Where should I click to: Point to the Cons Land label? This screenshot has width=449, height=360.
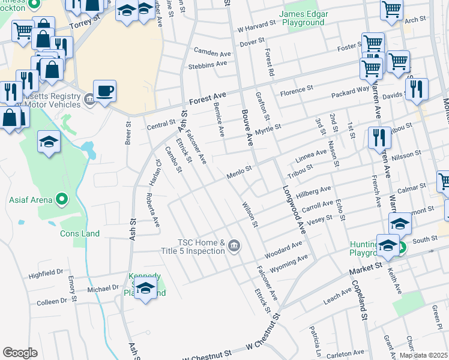(80, 233)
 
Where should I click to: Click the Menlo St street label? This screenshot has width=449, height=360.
(238, 175)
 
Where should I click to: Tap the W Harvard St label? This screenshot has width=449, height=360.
(257, 28)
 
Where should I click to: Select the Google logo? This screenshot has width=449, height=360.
(20, 352)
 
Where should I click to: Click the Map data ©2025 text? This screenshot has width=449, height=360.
(423, 355)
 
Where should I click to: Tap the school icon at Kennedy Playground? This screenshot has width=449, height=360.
(145, 290)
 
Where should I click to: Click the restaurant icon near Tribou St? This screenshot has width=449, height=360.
(379, 137)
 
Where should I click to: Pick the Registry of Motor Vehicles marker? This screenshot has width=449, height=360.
(89, 98)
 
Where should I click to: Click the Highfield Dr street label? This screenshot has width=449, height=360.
(46, 275)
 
